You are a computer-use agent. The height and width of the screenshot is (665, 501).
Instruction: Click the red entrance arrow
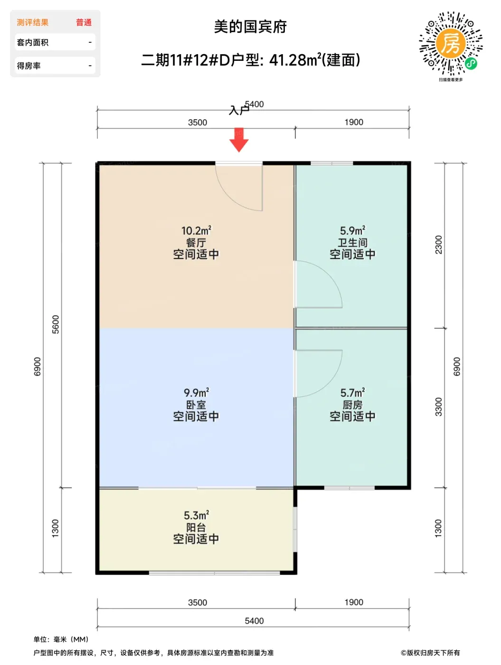click(239, 139)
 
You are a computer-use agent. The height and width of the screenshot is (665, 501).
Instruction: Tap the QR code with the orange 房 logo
click(451, 43)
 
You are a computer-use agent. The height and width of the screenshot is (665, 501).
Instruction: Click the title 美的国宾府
click(250, 27)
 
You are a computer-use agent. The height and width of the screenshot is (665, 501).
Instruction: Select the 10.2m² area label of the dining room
click(196, 230)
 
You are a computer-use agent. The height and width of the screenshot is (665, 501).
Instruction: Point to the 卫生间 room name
click(352, 242)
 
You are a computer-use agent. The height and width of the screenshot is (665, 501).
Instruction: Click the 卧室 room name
click(196, 404)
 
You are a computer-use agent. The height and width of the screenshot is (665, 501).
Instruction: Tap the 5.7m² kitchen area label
click(352, 393)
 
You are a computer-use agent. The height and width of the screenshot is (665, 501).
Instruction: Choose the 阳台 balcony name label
click(196, 527)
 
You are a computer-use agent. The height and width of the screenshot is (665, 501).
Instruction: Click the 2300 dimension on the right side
click(438, 245)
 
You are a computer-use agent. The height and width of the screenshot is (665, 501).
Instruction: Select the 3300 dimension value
click(438, 407)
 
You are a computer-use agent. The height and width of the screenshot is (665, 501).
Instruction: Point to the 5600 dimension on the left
click(56, 324)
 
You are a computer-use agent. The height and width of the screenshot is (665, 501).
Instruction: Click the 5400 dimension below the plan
click(254, 621)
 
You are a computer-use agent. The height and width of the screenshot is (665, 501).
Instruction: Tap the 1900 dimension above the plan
click(353, 122)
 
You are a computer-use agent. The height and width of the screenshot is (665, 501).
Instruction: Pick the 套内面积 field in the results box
click(32, 42)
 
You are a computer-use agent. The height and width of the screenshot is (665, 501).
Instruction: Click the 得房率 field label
click(28, 66)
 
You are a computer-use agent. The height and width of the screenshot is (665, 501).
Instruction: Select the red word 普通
click(84, 22)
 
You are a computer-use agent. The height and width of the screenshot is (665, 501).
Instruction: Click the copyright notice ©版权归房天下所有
click(430, 653)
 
